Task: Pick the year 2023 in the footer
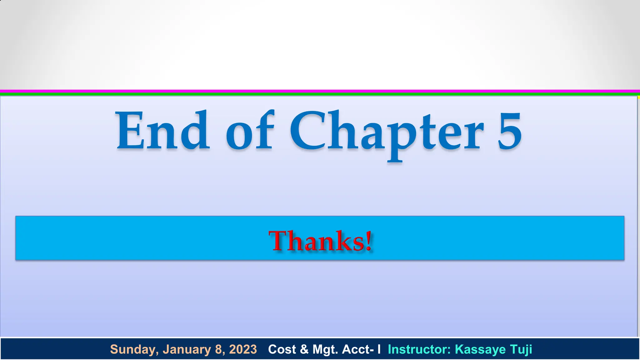(x=243, y=349)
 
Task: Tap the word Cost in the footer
(x=282, y=349)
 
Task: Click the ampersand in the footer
(x=304, y=349)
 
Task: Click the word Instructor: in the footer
(x=419, y=349)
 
